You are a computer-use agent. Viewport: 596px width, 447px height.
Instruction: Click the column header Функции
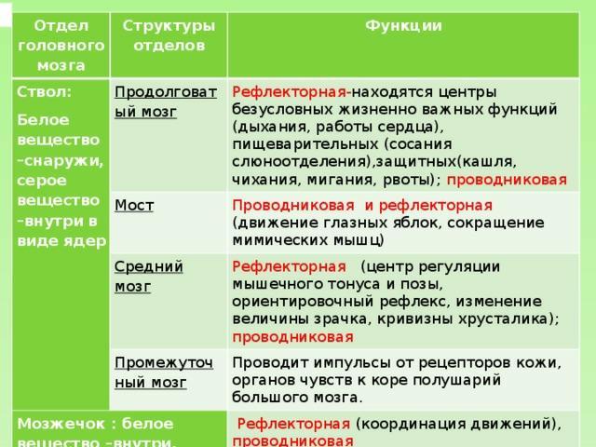pyautogui.click(x=403, y=26)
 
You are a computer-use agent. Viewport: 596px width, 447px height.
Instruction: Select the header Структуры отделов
pyautogui.click(x=169, y=35)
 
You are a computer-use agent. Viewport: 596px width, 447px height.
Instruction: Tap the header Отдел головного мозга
pyautogui.click(x=61, y=46)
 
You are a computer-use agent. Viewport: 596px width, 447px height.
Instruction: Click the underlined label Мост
pyautogui.click(x=134, y=205)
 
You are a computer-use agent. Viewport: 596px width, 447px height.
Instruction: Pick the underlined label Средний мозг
pyautogui.click(x=149, y=277)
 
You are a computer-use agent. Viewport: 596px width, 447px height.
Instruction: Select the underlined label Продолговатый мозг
pyautogui.click(x=166, y=102)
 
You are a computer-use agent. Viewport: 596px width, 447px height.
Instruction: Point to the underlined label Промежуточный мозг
pyautogui.click(x=164, y=372)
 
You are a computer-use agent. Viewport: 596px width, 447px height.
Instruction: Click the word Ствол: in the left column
pyautogui.click(x=44, y=92)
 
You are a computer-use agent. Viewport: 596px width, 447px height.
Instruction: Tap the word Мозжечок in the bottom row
pyautogui.click(x=61, y=424)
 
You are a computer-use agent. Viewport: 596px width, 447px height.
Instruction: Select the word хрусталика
pyautogui.click(x=503, y=318)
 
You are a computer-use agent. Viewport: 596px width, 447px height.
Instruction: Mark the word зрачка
pyautogui.click(x=342, y=318)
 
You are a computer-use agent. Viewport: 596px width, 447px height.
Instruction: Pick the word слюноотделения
pyautogui.click(x=301, y=162)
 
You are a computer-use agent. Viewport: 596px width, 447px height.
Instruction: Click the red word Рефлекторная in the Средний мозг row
pyautogui.click(x=289, y=267)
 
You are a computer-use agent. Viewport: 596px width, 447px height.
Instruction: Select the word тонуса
pyautogui.click(x=354, y=284)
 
